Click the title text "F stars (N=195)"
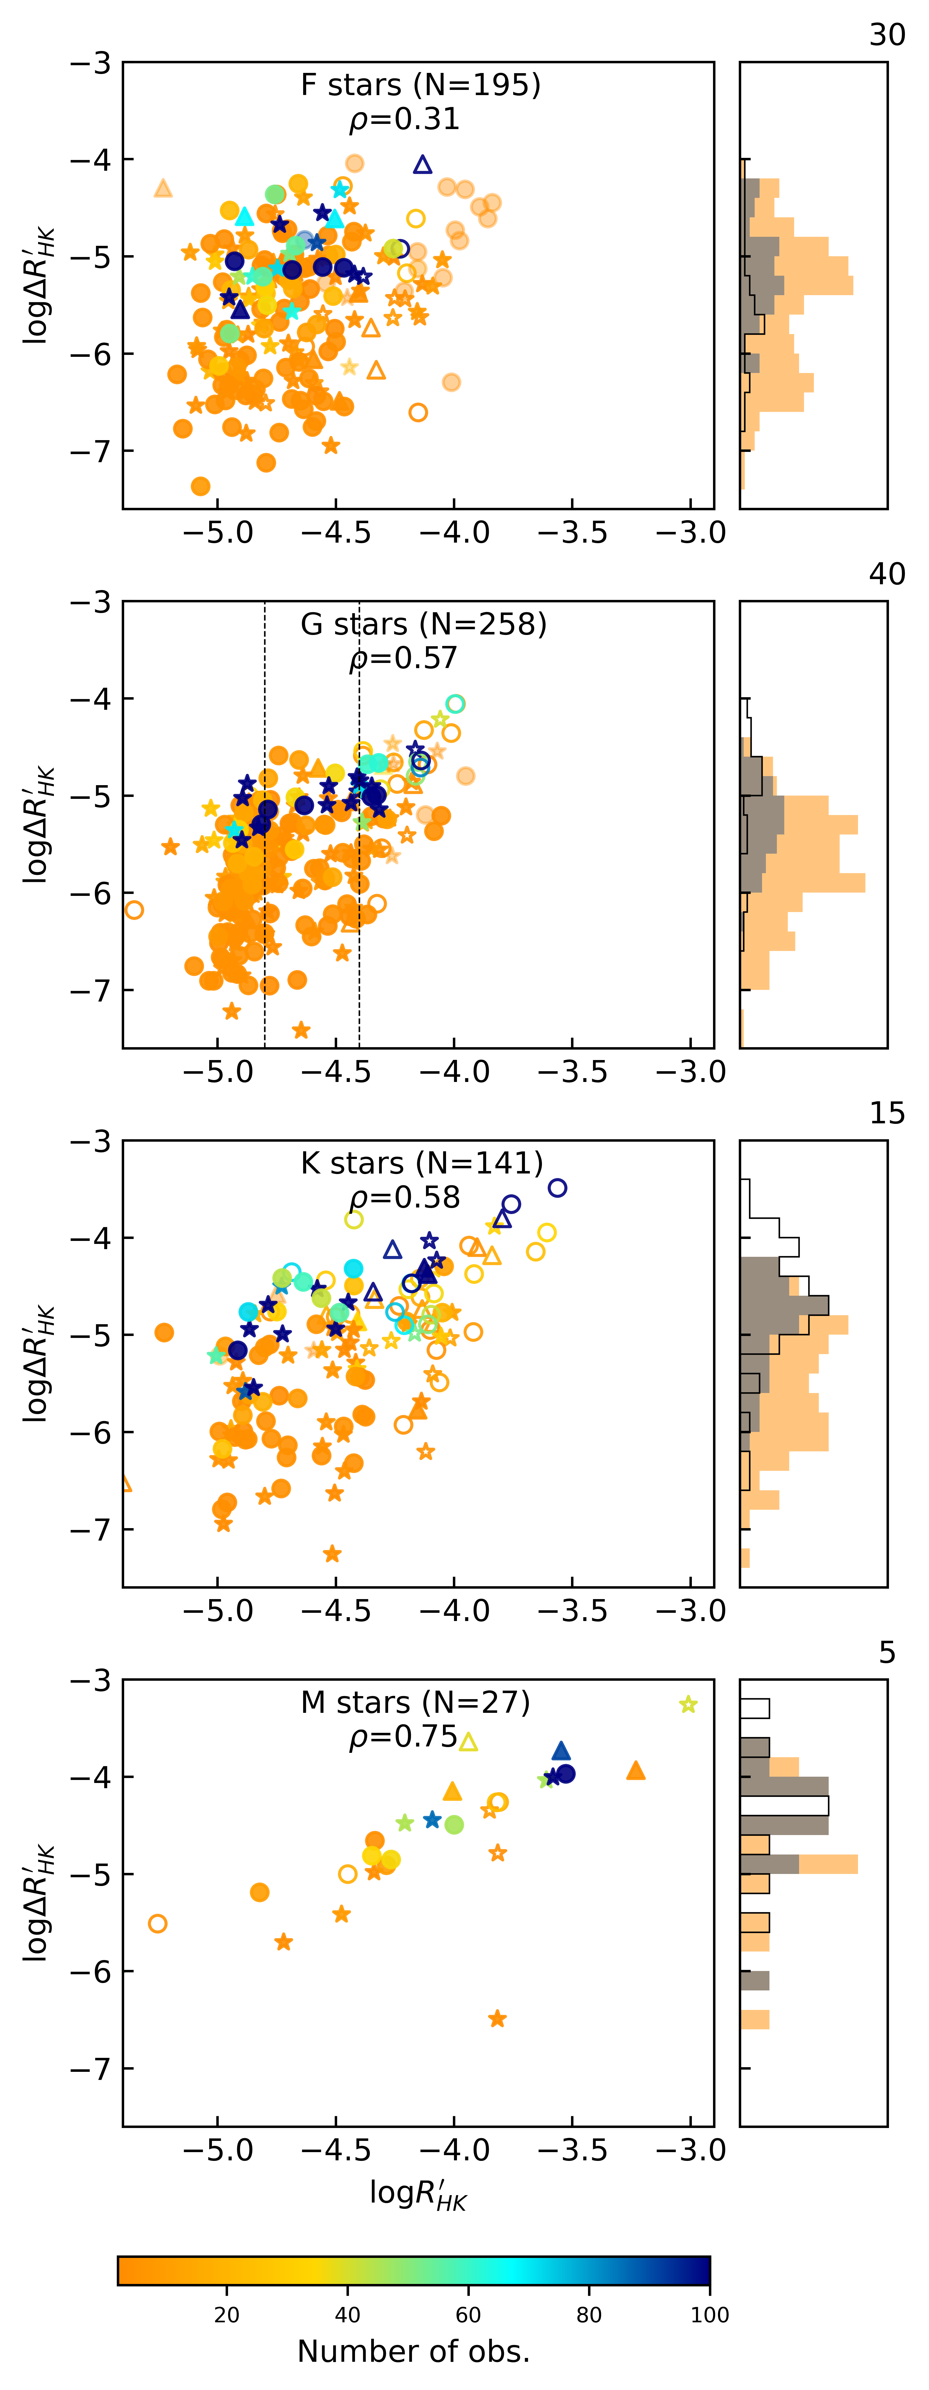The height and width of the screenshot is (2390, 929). [421, 85]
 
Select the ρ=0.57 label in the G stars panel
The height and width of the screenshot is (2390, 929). [404, 659]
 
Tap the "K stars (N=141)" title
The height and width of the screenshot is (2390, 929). [421, 1163]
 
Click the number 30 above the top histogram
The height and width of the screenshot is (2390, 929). [886, 35]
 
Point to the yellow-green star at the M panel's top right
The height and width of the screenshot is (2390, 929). [688, 1704]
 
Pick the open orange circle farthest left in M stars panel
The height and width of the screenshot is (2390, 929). [158, 1923]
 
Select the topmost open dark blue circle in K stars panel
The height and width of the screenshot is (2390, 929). [557, 1187]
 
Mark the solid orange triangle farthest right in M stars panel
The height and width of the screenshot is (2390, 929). [636, 1770]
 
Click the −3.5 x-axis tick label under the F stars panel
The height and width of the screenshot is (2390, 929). [572, 534]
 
